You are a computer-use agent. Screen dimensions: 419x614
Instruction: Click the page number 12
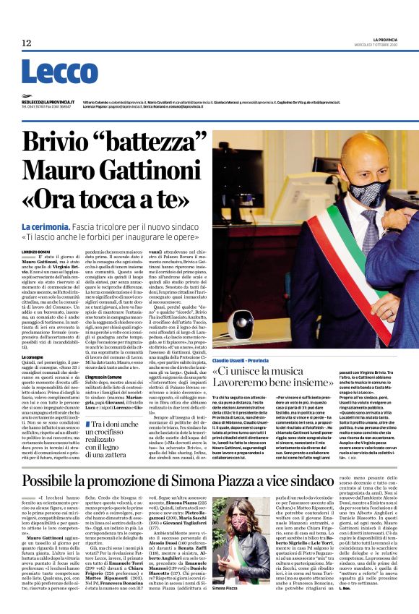(x=27, y=43)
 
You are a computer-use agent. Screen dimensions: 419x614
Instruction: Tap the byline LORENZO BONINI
(x=35, y=250)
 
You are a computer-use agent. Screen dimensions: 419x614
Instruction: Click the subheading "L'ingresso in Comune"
(x=108, y=388)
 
